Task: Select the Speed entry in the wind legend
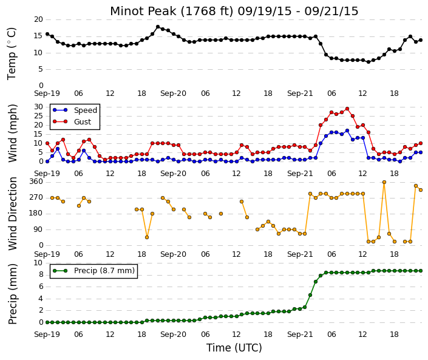pos(75,110)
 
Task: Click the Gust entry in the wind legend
pos(72,122)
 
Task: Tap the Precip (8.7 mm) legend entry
pos(93,271)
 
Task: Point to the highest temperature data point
pos(158,27)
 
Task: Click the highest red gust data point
pos(347,109)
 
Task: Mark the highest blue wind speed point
pos(347,131)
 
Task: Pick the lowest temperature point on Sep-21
pos(369,62)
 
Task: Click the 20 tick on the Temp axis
pos(38,19)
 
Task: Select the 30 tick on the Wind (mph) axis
pos(38,107)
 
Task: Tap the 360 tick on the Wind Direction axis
pos(36,182)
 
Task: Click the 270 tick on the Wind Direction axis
pos(36,197)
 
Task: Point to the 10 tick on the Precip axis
pos(38,263)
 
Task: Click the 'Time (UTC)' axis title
pos(234,348)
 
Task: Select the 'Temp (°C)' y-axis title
pos(12,53)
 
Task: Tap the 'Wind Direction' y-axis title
pos(13,214)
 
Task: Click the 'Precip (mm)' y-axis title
pos(13,294)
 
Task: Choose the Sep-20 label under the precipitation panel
pos(173,335)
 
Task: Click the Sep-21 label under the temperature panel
pos(300,93)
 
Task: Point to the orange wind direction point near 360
pos(384,182)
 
